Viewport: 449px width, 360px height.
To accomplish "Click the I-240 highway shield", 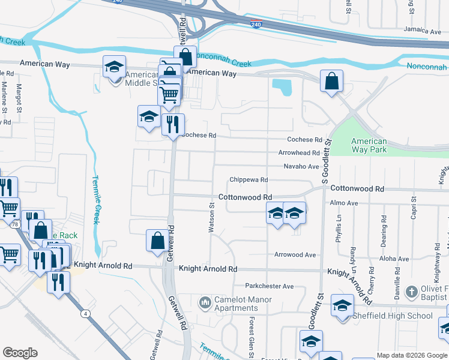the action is click(256, 23).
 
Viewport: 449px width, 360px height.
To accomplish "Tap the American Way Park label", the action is click(369, 145).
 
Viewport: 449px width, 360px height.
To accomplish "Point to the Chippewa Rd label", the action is click(248, 180).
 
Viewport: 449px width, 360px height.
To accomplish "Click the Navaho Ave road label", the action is click(301, 166).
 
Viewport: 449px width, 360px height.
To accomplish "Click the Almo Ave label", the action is click(343, 203).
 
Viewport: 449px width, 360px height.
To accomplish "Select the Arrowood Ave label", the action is click(295, 255).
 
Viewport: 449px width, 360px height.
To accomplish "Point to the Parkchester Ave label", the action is click(269, 286).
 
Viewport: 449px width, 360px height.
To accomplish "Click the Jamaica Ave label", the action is click(423, 30).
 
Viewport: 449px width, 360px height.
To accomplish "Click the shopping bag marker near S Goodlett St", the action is click(331, 82).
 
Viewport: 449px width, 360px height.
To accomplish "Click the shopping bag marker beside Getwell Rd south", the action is click(157, 241).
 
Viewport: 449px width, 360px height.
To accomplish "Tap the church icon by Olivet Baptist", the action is click(411, 292).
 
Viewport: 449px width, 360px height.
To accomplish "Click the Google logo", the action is click(20, 353).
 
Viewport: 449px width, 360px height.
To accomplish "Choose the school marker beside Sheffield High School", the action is click(342, 308).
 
